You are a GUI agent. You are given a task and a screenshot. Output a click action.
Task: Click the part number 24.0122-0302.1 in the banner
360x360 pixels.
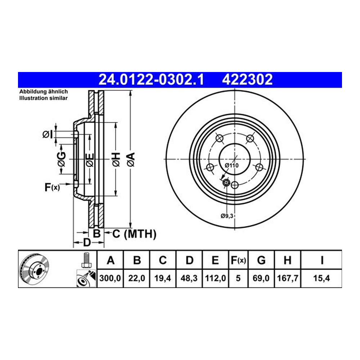(x=151, y=80)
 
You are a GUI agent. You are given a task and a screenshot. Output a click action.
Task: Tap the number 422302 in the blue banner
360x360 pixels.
(x=247, y=80)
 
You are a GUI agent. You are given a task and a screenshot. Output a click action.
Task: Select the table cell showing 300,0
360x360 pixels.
(x=110, y=278)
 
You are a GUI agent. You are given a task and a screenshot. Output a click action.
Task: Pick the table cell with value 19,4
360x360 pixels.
(x=163, y=278)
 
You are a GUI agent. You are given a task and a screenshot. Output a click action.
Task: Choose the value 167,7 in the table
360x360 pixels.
(x=287, y=278)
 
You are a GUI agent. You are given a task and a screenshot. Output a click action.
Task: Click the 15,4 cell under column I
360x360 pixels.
(x=321, y=278)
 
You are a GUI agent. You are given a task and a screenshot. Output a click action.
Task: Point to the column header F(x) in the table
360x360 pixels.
(x=238, y=260)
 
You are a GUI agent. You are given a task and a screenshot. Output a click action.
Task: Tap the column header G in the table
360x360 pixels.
(x=261, y=260)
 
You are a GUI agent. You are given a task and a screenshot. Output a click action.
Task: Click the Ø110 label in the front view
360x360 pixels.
(x=231, y=165)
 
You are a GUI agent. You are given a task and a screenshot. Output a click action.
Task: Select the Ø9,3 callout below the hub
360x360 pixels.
(x=227, y=216)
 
